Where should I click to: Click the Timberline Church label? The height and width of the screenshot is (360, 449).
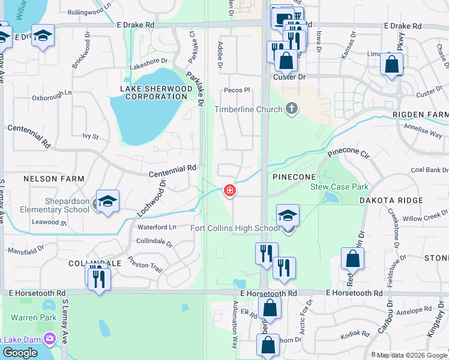[x=249, y=109]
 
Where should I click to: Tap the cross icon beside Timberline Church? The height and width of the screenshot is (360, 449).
[x=292, y=109]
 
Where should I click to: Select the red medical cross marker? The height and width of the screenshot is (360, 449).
[x=229, y=191]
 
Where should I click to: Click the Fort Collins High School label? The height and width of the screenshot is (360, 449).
[x=235, y=228]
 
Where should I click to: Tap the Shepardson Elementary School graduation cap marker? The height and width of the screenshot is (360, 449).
[x=107, y=201]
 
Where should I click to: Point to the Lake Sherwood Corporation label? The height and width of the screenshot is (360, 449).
[x=154, y=92]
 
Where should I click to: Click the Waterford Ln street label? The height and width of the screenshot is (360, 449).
[x=156, y=227]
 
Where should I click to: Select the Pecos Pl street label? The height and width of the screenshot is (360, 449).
[x=237, y=90]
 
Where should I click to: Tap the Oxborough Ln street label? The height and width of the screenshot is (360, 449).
[x=52, y=97]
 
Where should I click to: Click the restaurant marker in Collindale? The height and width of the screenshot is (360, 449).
[x=98, y=278]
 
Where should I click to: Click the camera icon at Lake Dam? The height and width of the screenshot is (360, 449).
[x=48, y=339]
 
